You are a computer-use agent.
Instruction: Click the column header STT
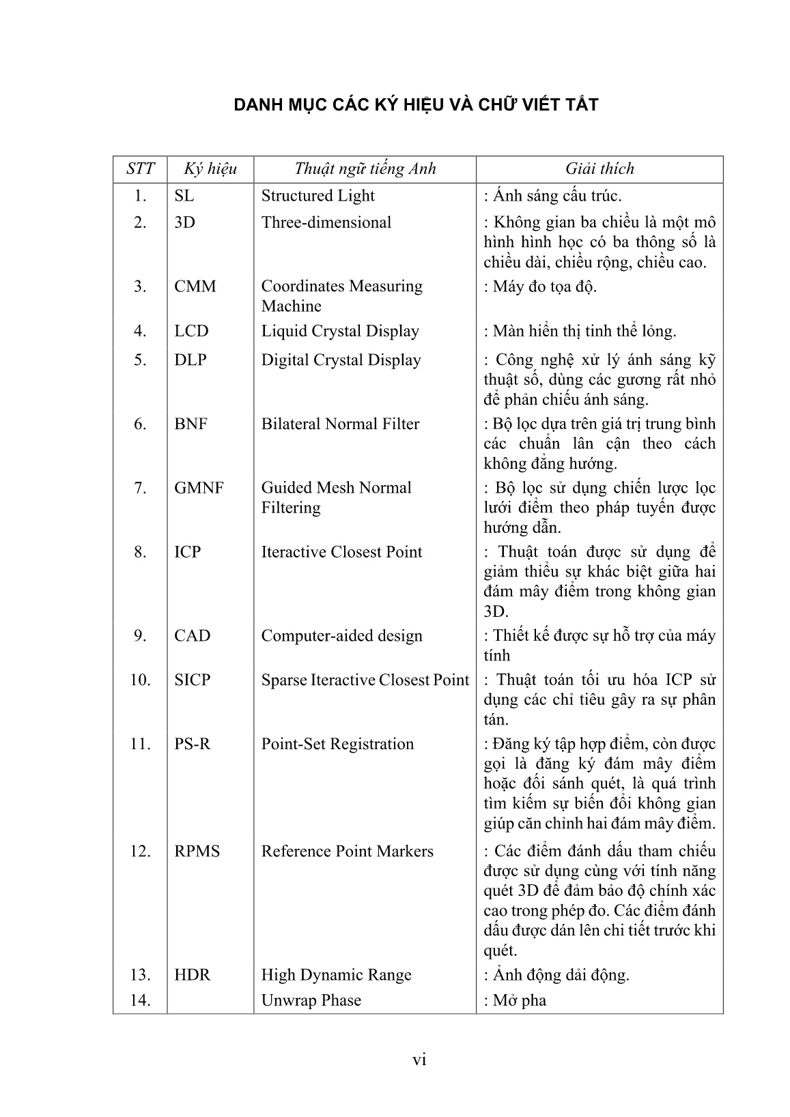tap(140, 169)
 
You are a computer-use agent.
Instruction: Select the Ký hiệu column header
tap(210, 169)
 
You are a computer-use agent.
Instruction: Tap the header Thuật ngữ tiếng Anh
tap(365, 169)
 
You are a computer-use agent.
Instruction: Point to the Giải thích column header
tap(599, 169)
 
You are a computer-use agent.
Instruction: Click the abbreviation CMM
tap(195, 287)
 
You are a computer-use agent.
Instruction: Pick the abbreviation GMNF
tap(199, 488)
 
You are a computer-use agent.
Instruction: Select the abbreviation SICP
tap(193, 680)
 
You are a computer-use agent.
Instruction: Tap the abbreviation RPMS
tap(197, 852)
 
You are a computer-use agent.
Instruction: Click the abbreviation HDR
tap(193, 975)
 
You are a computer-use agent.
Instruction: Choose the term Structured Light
tap(318, 196)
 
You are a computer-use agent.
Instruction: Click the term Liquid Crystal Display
tap(340, 331)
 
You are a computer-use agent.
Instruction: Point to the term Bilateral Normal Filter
tap(340, 424)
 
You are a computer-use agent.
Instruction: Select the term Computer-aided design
tap(342, 636)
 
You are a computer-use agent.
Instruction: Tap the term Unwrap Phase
tap(311, 1000)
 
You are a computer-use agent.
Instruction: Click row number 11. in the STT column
tap(140, 744)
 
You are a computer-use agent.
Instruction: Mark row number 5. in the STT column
tap(140, 360)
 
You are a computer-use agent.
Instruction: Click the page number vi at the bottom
tap(419, 1060)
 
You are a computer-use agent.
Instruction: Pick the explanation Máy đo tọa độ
tap(544, 287)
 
